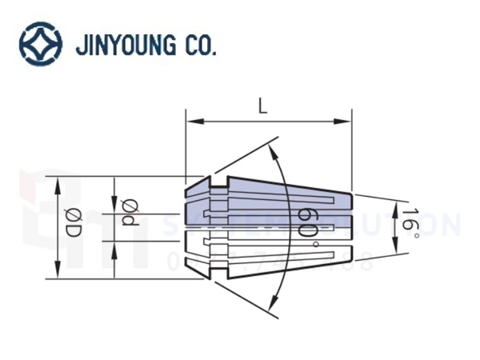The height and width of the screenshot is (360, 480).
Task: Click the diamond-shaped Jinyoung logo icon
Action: [40, 43]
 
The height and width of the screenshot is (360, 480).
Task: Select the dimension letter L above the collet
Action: [262, 105]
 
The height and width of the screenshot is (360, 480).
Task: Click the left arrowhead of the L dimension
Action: [190, 122]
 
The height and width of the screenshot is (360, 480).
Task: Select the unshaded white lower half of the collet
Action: [272, 252]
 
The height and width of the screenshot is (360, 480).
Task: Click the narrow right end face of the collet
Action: [351, 228]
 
